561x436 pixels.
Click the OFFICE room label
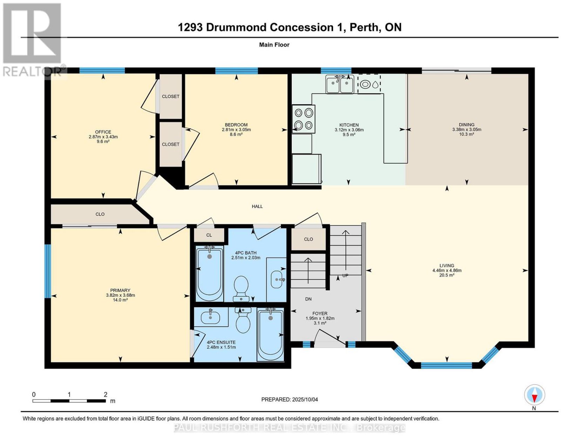103,132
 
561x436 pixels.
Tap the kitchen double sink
339,84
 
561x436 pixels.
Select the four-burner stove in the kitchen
304,119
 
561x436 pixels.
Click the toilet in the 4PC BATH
241,288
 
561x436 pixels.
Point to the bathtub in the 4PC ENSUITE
271,334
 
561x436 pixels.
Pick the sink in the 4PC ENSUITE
210,317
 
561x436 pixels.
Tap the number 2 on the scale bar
105,395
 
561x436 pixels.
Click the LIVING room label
447,266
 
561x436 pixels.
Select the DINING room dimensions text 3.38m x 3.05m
467,129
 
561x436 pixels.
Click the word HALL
257,206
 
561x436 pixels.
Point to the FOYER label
320,314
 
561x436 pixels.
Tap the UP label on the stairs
345,275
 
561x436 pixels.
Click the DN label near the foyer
308,299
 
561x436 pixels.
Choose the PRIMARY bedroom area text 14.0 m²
120,300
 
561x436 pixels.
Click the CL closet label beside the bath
209,235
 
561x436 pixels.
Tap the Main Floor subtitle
274,45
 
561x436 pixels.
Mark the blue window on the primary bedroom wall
48,271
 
